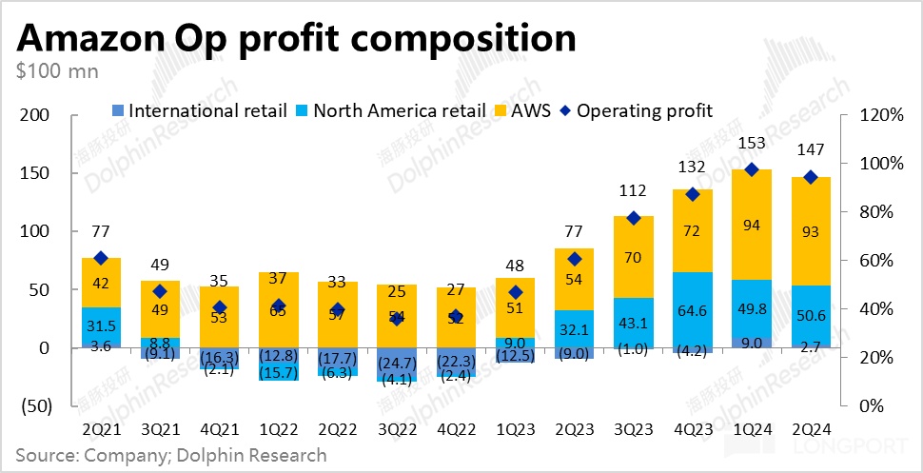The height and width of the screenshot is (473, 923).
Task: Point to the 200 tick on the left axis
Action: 35,115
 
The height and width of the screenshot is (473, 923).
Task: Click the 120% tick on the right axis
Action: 880,115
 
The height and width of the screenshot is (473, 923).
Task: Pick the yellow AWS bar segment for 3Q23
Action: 632,257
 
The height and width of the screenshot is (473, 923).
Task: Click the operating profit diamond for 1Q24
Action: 751,169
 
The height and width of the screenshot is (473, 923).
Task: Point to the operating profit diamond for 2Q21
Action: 100,258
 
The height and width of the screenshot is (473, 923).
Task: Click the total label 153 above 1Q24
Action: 752,144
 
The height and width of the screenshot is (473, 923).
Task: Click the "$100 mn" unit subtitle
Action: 57,70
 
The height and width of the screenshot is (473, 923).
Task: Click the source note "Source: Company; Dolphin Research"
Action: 171,455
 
